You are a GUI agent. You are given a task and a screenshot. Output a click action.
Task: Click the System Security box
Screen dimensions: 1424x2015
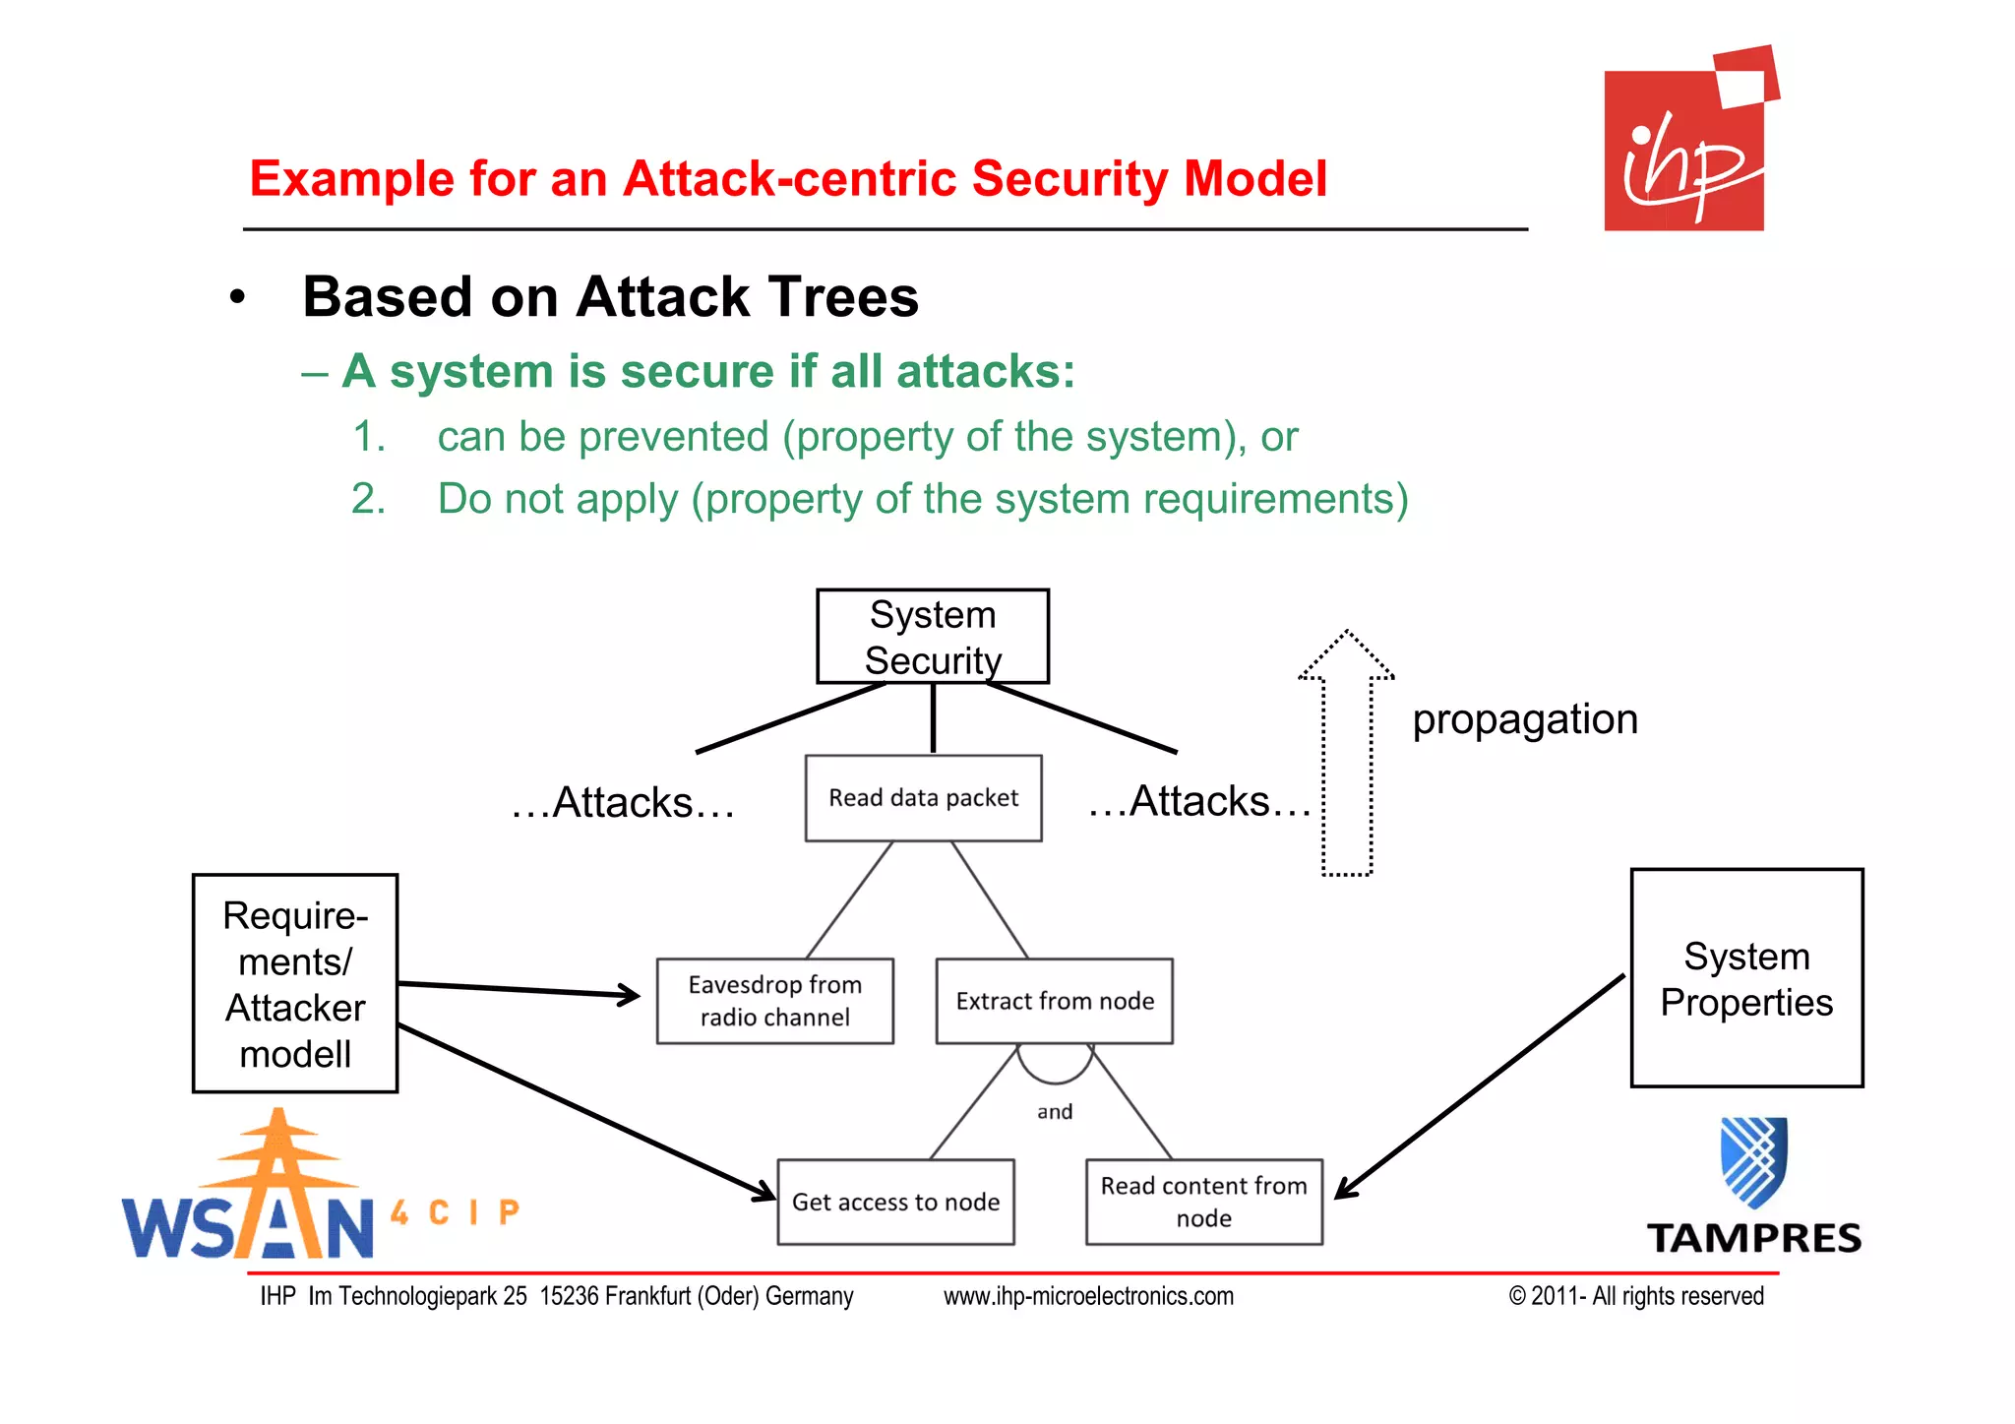click(x=932, y=636)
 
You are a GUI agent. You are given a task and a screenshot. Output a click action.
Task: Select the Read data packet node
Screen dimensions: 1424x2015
click(x=923, y=798)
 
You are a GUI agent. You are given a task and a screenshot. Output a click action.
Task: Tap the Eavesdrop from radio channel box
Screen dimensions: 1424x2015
click(x=774, y=1001)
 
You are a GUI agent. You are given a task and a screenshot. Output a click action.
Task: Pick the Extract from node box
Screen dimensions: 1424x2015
click(x=1054, y=1001)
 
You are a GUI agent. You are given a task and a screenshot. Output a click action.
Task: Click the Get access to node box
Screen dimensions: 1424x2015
click(x=895, y=1202)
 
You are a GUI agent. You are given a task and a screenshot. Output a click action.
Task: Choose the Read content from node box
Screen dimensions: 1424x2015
click(x=1203, y=1202)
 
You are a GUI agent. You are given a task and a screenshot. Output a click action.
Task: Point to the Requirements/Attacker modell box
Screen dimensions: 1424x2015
click(x=295, y=983)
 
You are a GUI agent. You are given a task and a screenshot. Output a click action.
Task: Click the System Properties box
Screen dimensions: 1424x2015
click(x=1746, y=978)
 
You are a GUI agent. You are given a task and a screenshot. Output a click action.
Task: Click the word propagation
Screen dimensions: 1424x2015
click(x=1524, y=719)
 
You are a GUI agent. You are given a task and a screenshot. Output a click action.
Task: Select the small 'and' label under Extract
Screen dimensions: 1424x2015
click(x=1055, y=1112)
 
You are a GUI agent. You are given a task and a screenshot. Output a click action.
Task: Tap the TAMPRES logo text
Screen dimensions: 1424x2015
click(x=1754, y=1238)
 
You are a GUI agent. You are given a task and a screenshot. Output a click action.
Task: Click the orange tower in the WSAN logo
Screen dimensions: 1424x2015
click(x=277, y=1181)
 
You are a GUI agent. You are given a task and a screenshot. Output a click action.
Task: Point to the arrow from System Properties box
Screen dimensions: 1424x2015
click(x=1476, y=1088)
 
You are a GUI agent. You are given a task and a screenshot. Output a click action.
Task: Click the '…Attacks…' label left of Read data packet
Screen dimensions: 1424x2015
click(x=623, y=803)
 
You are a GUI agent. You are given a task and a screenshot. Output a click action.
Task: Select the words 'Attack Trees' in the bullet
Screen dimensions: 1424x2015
click(x=747, y=297)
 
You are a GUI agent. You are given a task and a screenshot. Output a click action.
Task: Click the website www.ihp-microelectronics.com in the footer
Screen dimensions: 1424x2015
click(x=1088, y=1296)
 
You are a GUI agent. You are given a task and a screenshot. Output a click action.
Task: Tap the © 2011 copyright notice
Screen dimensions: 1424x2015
click(x=1635, y=1296)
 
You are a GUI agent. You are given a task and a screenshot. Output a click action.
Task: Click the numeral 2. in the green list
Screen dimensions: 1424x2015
click(x=368, y=499)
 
